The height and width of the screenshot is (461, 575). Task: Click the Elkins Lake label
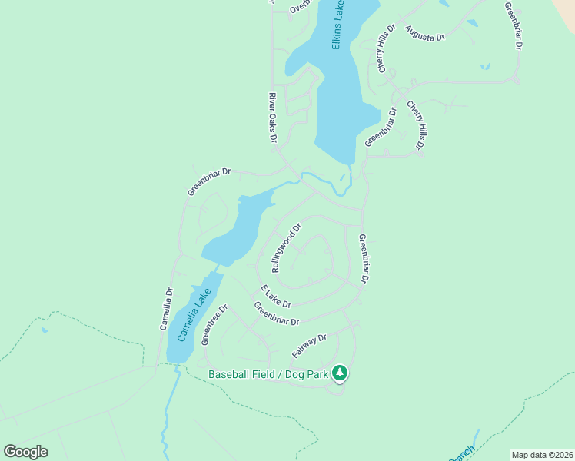pos(339,25)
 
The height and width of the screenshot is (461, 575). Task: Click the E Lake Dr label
pos(275,297)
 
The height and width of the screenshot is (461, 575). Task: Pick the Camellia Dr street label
pos(167,309)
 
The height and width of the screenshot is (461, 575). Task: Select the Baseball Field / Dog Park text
pos(268,374)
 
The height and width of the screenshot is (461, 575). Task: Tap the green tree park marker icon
pos(341,374)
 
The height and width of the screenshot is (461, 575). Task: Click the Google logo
pos(25,452)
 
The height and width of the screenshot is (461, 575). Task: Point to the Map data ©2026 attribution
pos(540,454)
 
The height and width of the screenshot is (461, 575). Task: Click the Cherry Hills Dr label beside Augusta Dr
pos(386,48)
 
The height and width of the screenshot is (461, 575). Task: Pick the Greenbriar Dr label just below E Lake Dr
pos(276,314)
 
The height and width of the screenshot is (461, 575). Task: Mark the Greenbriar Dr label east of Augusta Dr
pos(514,26)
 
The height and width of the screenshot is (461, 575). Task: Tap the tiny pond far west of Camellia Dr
pos(45,331)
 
